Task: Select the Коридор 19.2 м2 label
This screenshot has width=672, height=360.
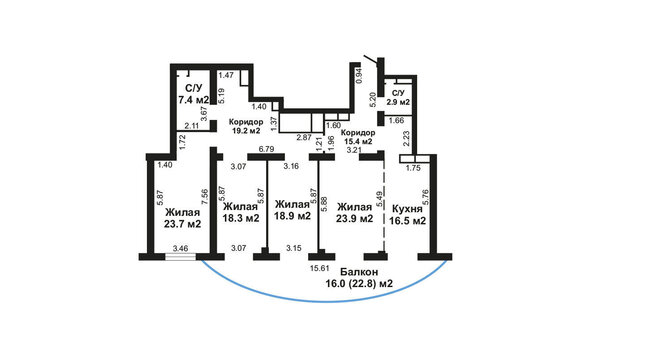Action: pyautogui.click(x=246, y=127)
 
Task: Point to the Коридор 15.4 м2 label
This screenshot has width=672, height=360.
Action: pyautogui.click(x=357, y=137)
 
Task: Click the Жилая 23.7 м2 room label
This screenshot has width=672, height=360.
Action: pyautogui.click(x=183, y=218)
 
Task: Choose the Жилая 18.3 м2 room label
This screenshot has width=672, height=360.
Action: pyautogui.click(x=241, y=212)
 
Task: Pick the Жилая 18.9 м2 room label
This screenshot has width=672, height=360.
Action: pyautogui.click(x=292, y=210)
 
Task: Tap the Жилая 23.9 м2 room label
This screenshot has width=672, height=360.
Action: pyautogui.click(x=354, y=213)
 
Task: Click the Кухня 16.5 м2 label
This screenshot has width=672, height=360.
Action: pyautogui.click(x=408, y=215)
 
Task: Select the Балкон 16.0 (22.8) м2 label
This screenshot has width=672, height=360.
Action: pyautogui.click(x=359, y=278)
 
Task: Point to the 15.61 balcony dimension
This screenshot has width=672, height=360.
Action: pyautogui.click(x=319, y=268)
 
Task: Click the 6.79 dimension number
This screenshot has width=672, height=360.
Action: pyautogui.click(x=266, y=149)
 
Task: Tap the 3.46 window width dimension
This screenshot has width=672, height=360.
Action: pyautogui.click(x=180, y=248)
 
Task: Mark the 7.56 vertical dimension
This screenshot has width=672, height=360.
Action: pyautogui.click(x=206, y=198)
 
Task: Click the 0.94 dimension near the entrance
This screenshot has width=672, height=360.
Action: pyautogui.click(x=360, y=76)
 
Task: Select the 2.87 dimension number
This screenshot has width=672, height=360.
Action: pyautogui.click(x=304, y=138)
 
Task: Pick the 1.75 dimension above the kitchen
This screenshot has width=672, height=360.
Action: pyautogui.click(x=413, y=168)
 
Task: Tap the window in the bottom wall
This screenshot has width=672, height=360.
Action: pyautogui.click(x=180, y=257)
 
